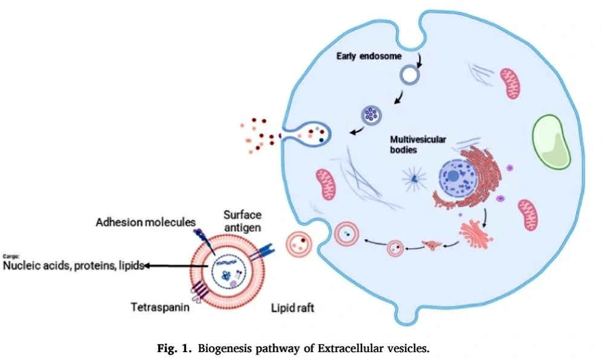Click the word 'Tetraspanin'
coord(158,307)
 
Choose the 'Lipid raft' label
coord(293,307)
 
